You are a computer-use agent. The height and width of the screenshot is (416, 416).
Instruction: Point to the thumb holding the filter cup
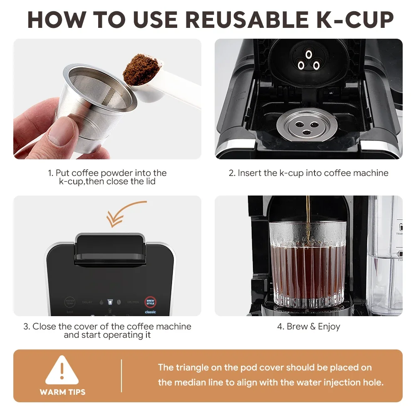63,133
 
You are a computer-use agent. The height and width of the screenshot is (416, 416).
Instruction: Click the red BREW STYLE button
150,302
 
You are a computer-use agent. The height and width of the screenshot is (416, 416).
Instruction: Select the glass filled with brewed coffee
307,266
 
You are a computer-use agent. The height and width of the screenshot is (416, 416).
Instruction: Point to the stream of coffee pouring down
308,212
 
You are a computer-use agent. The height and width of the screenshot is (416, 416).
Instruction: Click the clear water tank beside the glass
385,258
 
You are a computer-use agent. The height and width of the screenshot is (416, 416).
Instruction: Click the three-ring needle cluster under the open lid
308,61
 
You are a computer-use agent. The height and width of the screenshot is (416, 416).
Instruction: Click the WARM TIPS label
62,392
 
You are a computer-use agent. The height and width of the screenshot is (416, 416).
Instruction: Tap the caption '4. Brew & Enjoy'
308,327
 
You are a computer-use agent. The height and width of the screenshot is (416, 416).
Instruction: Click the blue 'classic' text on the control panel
150,312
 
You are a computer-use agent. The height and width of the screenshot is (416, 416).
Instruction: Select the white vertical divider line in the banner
121,376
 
